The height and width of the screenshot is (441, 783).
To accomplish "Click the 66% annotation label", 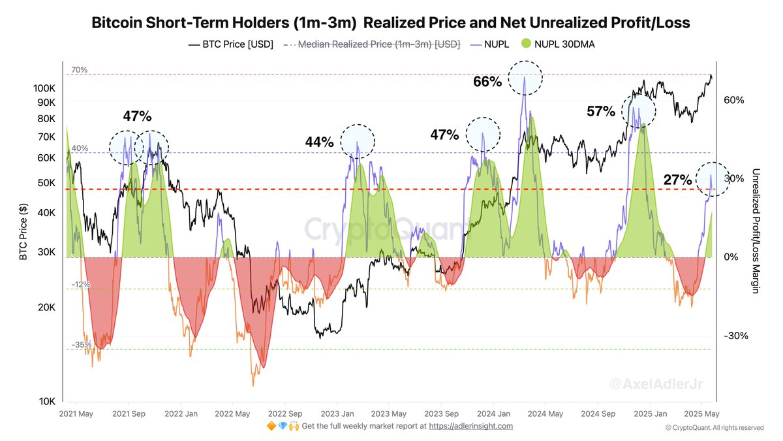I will tap(487, 82).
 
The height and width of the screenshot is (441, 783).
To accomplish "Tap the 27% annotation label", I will tap(678, 180).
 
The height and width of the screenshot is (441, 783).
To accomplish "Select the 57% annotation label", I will tap(601, 112).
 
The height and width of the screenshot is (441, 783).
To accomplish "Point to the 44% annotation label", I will tap(320, 142).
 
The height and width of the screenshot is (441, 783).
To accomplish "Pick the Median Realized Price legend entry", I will tap(372, 44).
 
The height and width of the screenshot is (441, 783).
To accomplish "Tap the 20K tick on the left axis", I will tap(48, 307).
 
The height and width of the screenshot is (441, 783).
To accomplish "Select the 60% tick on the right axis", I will tap(734, 100).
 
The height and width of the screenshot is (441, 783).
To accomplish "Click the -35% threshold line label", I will tap(81, 344).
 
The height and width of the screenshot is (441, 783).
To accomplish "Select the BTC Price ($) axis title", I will tap(23, 232).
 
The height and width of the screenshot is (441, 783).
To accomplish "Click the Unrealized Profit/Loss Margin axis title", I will tap(756, 230).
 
